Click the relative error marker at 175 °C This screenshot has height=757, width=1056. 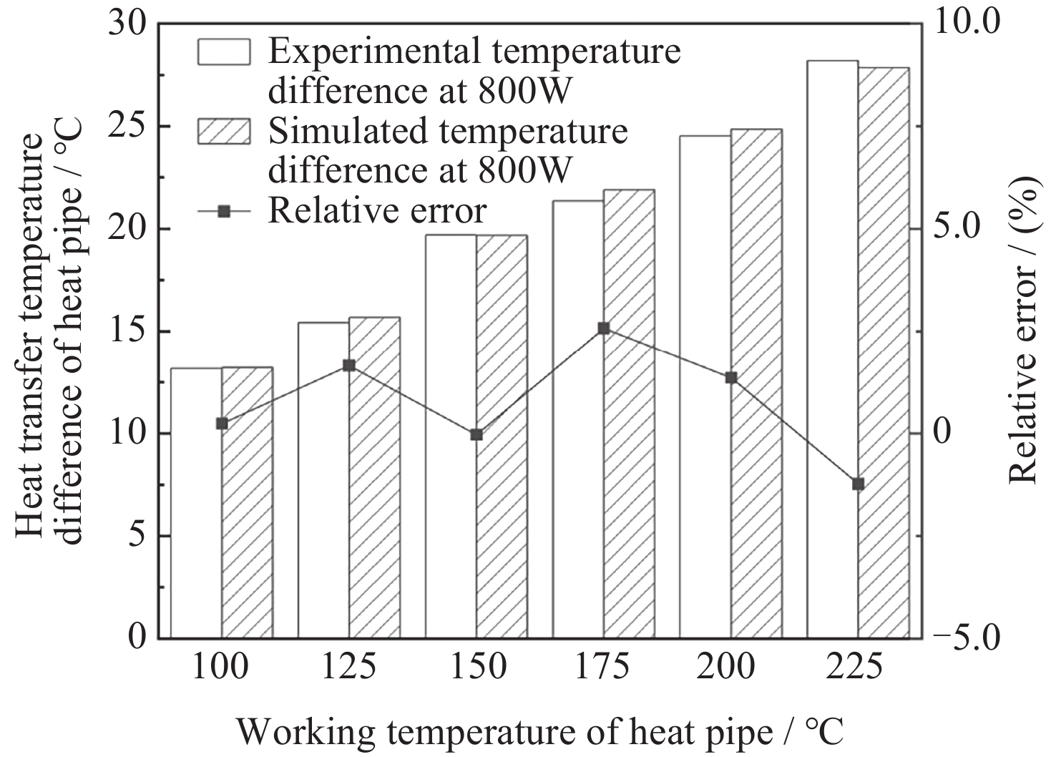tap(604, 328)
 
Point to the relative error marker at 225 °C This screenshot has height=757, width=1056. tap(858, 484)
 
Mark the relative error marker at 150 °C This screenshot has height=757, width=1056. tap(476, 434)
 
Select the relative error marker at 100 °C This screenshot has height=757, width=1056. tap(222, 424)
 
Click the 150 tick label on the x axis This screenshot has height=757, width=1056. tap(476, 667)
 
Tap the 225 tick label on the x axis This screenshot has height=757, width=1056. tap(858, 667)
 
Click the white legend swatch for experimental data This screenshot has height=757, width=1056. tap(224, 52)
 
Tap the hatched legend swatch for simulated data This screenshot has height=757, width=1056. tap(224, 131)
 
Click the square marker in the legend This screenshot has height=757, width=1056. tap(224, 211)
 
